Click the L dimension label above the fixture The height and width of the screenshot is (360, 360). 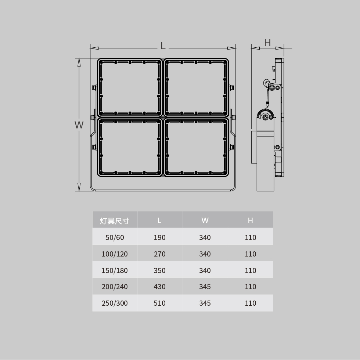click(163, 46)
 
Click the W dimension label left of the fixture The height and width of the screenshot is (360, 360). click(79, 125)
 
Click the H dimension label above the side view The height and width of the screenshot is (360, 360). click(267, 43)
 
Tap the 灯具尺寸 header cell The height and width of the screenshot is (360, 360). click(115, 221)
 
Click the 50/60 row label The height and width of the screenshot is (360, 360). click(115, 237)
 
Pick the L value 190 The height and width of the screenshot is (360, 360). click(159, 237)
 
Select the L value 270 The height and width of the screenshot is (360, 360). click(159, 254)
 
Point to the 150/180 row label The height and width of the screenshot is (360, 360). click(115, 270)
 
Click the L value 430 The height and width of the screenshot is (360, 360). click(159, 287)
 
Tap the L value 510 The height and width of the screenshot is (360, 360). click(159, 303)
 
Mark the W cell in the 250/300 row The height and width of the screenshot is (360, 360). click(205, 303)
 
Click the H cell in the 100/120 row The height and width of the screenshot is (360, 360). click(250, 254)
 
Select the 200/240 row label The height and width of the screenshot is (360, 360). click(115, 287)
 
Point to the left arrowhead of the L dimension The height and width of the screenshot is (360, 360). click(94, 48)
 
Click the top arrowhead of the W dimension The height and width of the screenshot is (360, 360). click(79, 62)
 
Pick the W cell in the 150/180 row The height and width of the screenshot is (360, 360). click(205, 270)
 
